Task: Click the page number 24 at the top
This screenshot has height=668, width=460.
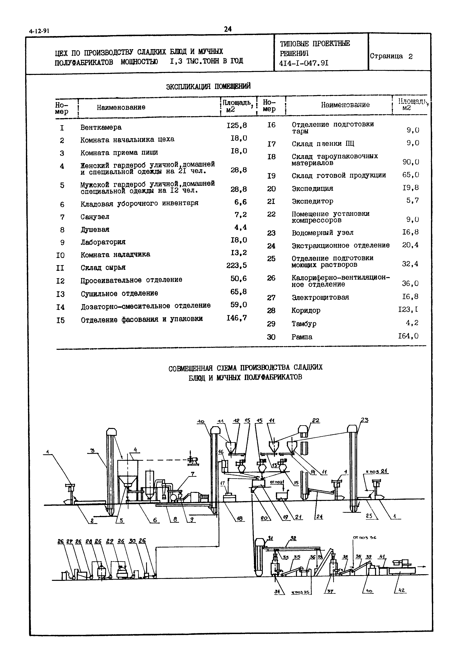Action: click(x=227, y=29)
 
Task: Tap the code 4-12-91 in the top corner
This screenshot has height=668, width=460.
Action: click(x=39, y=31)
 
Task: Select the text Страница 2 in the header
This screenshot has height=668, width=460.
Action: click(x=391, y=56)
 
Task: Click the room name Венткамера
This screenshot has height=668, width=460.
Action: click(x=101, y=127)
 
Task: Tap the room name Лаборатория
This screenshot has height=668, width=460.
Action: click(x=103, y=242)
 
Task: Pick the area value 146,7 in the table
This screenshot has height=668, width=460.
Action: click(x=237, y=318)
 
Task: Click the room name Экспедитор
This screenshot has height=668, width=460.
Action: click(x=313, y=201)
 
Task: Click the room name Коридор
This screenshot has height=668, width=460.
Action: click(x=306, y=311)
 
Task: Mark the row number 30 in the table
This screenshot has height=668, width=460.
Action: click(x=271, y=337)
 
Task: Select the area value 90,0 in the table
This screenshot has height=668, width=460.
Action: click(x=411, y=162)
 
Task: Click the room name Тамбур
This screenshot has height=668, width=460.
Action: click(x=304, y=324)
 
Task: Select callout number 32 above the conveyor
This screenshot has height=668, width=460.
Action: click(x=293, y=538)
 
